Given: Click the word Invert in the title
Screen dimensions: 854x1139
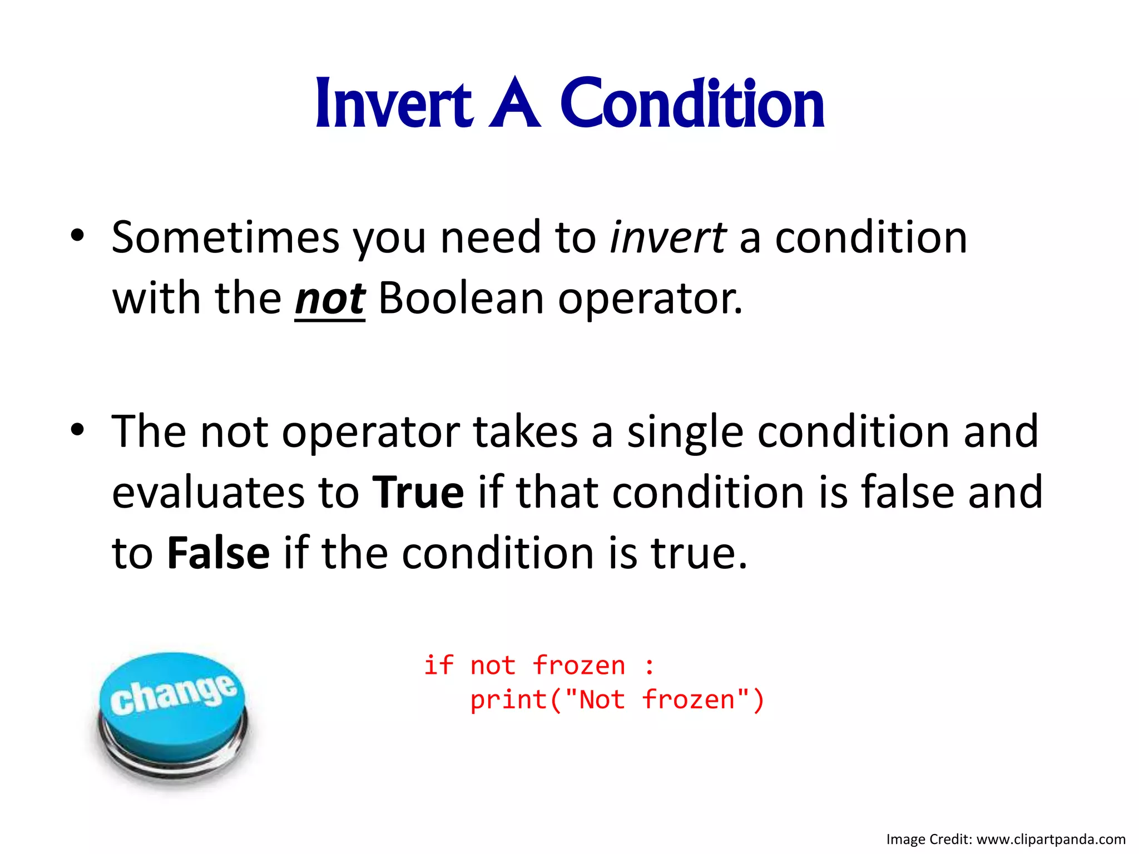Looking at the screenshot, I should click(394, 105).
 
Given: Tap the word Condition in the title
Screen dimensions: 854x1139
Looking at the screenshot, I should click(692, 105).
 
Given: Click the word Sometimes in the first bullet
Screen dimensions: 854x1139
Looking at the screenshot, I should click(225, 238).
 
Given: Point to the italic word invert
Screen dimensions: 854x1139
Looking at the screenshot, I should click(667, 238).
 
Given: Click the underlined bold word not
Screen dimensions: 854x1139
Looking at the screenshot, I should click(329, 299).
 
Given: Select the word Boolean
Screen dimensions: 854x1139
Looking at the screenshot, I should click(460, 299).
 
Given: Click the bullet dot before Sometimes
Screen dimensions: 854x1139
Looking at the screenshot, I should click(77, 236).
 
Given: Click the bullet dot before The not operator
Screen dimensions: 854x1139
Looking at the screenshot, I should click(77, 429).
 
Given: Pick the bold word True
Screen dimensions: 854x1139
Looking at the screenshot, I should click(418, 493).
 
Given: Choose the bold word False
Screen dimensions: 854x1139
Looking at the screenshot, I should click(218, 554).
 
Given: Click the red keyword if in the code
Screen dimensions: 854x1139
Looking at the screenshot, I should click(439, 666).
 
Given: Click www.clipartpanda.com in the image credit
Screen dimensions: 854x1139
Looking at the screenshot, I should click(1051, 840).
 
